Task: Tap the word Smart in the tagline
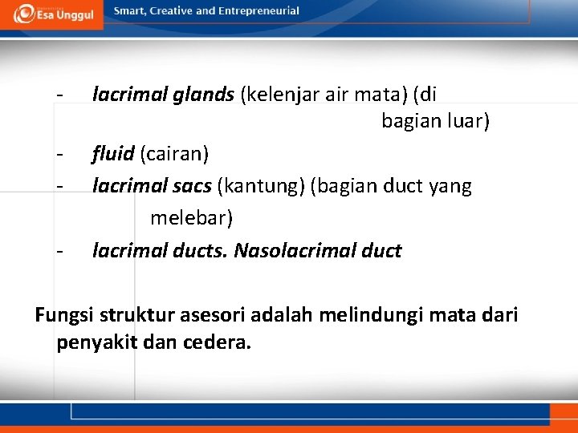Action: (x=130, y=11)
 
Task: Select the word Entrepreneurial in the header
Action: (x=257, y=11)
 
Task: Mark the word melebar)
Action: (x=191, y=218)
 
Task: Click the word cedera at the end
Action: (x=220, y=343)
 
